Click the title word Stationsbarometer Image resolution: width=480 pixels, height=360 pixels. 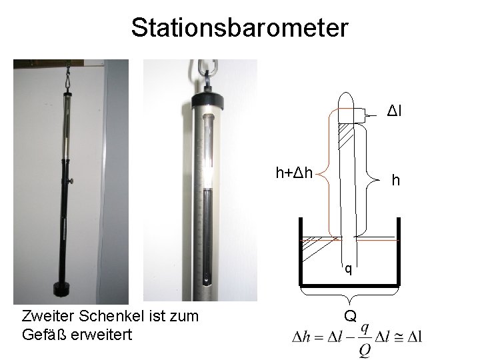tap(240, 27)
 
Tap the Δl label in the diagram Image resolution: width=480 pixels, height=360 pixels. tap(394, 111)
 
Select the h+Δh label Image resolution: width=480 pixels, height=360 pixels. tap(294, 173)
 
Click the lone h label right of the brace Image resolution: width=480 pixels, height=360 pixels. tap(396, 180)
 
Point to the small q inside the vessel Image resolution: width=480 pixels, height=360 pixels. tap(349, 269)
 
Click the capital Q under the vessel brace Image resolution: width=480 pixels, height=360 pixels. tap(350, 315)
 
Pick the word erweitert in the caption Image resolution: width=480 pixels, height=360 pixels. tap(101, 335)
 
